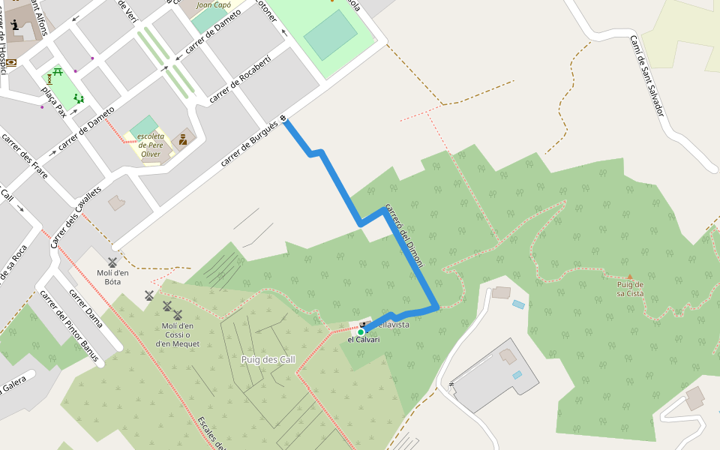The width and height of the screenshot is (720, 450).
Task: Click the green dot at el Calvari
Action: pyautogui.click(x=361, y=332)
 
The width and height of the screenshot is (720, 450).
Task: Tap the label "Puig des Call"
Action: pyautogui.click(x=268, y=360)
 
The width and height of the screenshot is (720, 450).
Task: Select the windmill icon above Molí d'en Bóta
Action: pyautogui.click(x=112, y=262)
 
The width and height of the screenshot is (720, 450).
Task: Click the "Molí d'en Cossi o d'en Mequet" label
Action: pyautogui.click(x=178, y=334)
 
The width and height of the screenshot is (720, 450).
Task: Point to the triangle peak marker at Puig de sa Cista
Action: pyautogui.click(x=630, y=277)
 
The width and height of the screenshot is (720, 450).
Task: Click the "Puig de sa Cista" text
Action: pyautogui.click(x=630, y=289)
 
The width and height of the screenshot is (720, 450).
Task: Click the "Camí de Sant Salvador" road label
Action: pyautogui.click(x=646, y=75)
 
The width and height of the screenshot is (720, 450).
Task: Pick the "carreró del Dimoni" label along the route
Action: pyautogui.click(x=404, y=235)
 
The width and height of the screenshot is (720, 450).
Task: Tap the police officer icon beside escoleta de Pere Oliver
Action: pyautogui.click(x=183, y=139)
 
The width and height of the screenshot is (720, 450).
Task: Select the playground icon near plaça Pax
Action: pyautogui.click(x=78, y=98)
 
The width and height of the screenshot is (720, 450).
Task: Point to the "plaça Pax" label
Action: pyautogui.click(x=54, y=102)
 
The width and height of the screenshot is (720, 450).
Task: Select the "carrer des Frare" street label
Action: pyautogui.click(x=25, y=156)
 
